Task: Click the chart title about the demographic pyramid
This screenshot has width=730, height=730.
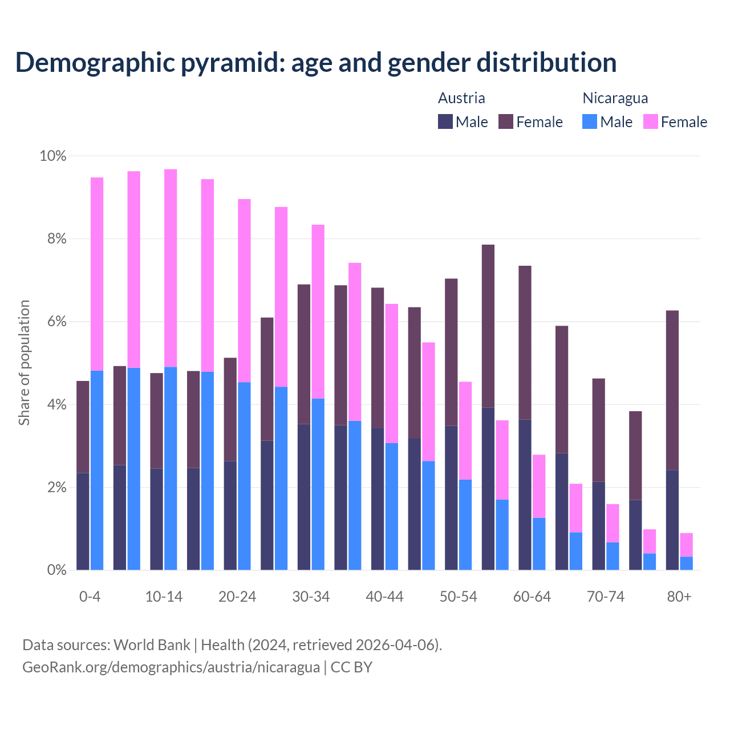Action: click(x=316, y=62)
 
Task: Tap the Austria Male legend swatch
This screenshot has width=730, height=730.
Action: click(x=445, y=121)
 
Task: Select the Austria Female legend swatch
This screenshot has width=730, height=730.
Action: click(x=506, y=121)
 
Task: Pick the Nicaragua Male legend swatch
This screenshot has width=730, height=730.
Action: click(x=590, y=121)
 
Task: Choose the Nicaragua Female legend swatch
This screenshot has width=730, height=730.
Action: click(x=650, y=121)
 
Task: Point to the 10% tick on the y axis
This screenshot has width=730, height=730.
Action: click(x=52, y=156)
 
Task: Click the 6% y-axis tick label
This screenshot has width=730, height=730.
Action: click(x=56, y=322)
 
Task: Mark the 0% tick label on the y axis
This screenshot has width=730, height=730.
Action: click(x=56, y=570)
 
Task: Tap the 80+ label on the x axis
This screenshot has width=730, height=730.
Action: click(x=679, y=597)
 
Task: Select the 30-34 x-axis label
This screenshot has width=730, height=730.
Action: click(x=311, y=597)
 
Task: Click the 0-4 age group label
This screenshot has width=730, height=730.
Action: click(x=90, y=597)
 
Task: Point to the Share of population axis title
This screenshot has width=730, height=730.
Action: click(x=24, y=363)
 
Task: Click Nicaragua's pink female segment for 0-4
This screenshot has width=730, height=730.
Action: click(x=97, y=274)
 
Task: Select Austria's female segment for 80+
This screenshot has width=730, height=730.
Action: click(x=672, y=390)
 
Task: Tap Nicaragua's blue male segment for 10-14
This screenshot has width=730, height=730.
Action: click(x=171, y=468)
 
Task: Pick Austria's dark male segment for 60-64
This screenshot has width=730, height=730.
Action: click(x=525, y=494)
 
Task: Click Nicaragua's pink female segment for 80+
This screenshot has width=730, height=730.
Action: click(x=687, y=545)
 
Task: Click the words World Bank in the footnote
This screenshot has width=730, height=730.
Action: click(x=152, y=645)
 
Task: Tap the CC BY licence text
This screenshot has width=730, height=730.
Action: click(x=351, y=667)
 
